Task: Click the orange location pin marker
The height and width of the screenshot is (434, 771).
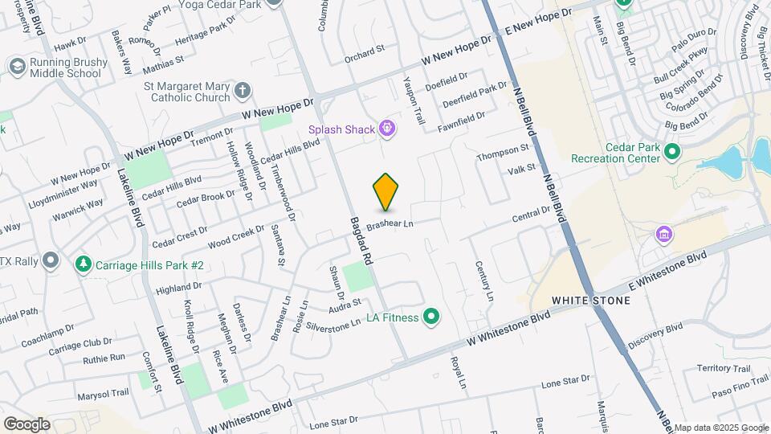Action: pyautogui.click(x=386, y=191)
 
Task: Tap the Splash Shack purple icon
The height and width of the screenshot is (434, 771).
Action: pyautogui.click(x=387, y=127)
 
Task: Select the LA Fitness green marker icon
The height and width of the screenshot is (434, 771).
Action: pyautogui.click(x=431, y=317)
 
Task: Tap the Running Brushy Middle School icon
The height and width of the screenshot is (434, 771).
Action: pyautogui.click(x=16, y=67)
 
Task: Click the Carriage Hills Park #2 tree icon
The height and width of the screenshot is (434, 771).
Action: pyautogui.click(x=83, y=264)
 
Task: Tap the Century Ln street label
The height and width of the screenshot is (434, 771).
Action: pyautogui.click(x=484, y=281)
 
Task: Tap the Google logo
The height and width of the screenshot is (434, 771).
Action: pyautogui.click(x=27, y=424)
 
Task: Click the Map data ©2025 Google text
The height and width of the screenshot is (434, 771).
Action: pyautogui.click(x=721, y=428)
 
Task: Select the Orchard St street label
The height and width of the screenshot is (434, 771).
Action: pyautogui.click(x=365, y=51)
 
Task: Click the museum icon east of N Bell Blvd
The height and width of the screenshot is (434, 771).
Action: pyautogui.click(x=663, y=235)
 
